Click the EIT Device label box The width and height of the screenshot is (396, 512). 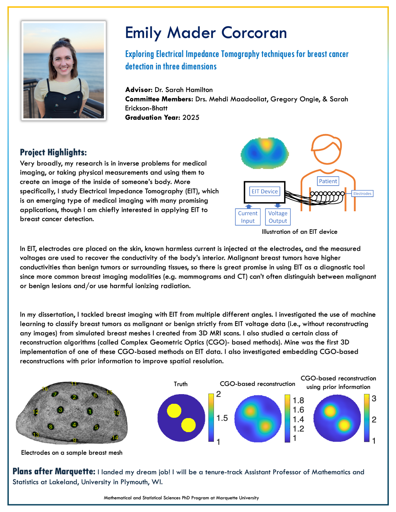point(265,191)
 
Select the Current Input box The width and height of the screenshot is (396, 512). point(248,217)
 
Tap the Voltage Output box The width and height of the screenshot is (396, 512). point(278,217)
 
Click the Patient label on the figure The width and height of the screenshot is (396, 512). point(328,181)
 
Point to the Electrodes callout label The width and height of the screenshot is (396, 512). point(362,194)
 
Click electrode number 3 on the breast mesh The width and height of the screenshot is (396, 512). point(61,410)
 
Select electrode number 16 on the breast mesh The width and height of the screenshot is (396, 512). point(45,389)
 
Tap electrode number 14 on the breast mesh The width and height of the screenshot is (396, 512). point(115,438)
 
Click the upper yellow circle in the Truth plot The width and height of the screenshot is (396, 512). point(174,411)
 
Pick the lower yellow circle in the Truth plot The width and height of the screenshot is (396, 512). point(188,425)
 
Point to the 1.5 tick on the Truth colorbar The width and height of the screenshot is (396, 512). point(222,418)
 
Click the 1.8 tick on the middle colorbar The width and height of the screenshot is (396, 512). point(298,400)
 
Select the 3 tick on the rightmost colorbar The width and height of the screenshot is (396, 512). point(374,399)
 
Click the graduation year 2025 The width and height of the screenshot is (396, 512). point(191,118)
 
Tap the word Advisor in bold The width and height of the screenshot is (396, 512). point(139,90)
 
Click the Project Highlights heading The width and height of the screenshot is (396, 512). point(53,152)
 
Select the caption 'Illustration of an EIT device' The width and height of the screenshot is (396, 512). point(299,232)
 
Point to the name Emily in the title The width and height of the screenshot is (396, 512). point(143,33)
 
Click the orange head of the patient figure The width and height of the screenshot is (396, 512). point(326,150)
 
